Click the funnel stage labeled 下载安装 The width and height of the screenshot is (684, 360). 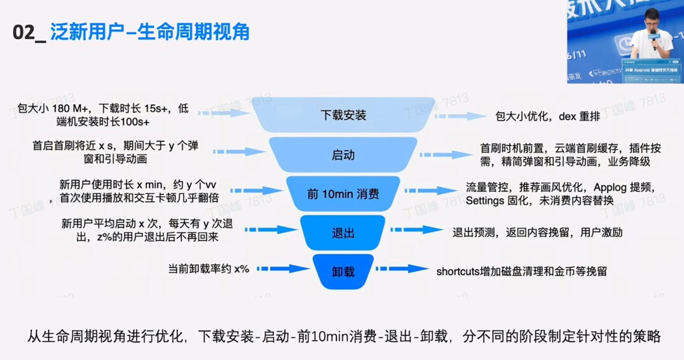343,115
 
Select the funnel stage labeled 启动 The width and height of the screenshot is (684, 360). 343,155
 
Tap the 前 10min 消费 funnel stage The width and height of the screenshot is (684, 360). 343,194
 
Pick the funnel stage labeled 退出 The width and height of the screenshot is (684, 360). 343,233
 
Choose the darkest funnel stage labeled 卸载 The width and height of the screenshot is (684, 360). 343,272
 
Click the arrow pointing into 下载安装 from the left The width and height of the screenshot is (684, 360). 224,113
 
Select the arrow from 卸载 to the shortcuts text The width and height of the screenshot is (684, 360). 402,269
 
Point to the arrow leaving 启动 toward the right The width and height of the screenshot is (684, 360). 446,155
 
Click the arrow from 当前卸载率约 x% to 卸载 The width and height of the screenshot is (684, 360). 283,269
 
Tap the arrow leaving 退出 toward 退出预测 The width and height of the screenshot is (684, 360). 417,230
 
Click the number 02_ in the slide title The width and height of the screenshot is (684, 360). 28,33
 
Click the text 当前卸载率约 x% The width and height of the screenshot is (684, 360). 209,269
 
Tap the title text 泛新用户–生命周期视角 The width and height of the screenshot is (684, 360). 150,32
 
